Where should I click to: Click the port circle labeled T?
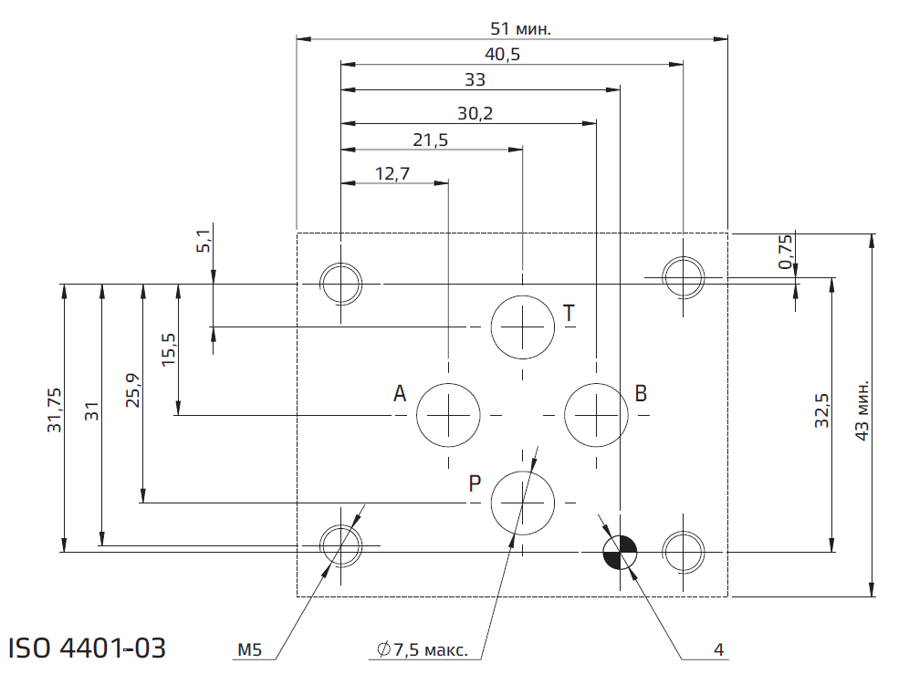coord(522,327)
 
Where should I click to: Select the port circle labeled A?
coord(448,415)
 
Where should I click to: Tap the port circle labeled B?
coord(595,415)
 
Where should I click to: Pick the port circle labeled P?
coord(522,503)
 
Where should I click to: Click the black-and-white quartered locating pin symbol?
coord(620,551)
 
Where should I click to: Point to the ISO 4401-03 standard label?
coord(88,648)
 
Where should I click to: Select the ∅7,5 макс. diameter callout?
coord(423,650)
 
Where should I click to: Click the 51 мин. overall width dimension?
coord(521,28)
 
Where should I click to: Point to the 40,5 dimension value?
coord(502,55)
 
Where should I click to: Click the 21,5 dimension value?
coord(430,140)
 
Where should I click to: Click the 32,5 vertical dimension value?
coord(821,411)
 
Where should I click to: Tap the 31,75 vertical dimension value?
coord(54,410)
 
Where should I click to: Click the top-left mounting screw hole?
coord(340,283)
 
